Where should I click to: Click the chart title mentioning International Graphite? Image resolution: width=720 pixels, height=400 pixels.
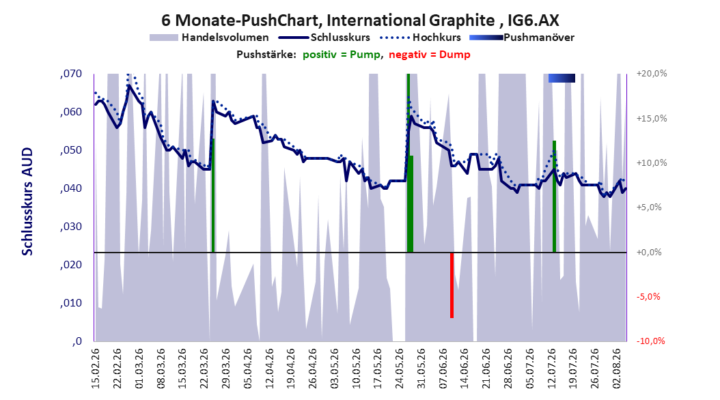point(360,20)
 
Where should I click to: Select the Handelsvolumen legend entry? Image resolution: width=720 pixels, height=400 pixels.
point(210,38)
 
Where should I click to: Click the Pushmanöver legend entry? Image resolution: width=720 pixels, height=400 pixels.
point(522,38)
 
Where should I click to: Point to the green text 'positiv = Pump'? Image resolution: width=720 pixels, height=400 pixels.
point(342,55)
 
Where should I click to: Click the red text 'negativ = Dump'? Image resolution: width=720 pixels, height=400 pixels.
point(430,55)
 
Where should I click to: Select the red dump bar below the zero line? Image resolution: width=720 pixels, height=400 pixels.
point(452,285)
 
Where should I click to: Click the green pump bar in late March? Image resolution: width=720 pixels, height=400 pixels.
point(213,195)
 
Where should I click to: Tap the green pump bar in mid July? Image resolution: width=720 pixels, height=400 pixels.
point(554,197)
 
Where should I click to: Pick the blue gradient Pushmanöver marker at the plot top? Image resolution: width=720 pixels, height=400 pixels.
point(562,78)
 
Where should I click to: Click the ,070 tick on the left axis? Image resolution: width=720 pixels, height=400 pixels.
point(71,74)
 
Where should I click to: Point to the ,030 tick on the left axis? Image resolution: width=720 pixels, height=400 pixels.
point(71,227)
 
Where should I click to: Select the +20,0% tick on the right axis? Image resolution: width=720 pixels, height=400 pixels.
point(652,74)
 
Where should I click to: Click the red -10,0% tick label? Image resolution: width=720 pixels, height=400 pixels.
point(650,341)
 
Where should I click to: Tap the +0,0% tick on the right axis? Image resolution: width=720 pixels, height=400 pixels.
point(649,253)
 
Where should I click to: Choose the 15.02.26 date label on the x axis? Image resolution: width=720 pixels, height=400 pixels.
point(96,369)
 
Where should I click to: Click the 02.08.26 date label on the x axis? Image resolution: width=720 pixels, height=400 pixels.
point(617,369)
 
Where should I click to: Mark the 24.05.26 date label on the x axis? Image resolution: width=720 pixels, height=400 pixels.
point(400,369)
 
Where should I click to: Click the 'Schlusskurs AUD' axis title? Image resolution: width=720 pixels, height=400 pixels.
point(27,201)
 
